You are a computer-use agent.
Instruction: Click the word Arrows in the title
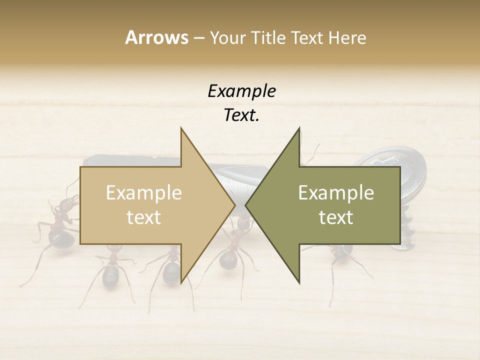(156, 37)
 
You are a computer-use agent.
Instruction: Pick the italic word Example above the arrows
(241, 91)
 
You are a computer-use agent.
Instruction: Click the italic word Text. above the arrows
(241, 115)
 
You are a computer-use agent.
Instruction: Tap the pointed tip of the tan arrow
(235, 205)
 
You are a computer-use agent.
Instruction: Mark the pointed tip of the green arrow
(245, 205)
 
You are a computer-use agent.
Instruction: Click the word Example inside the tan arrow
(143, 193)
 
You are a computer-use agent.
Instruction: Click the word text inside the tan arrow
(143, 217)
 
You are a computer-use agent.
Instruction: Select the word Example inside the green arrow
(336, 193)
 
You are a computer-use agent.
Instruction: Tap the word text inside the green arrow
(336, 217)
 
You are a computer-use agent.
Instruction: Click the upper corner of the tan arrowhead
(181, 128)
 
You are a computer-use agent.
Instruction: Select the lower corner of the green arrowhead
(299, 283)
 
